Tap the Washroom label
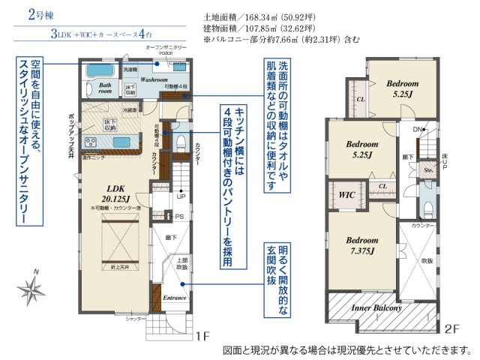click(x=153, y=79)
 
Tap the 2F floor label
click(x=451, y=328)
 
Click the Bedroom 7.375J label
click(x=362, y=246)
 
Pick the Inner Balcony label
click(x=377, y=307)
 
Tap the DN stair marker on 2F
click(x=418, y=129)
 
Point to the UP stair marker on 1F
click(x=181, y=196)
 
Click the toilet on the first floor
click(x=180, y=143)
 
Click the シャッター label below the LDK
click(x=135, y=319)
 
